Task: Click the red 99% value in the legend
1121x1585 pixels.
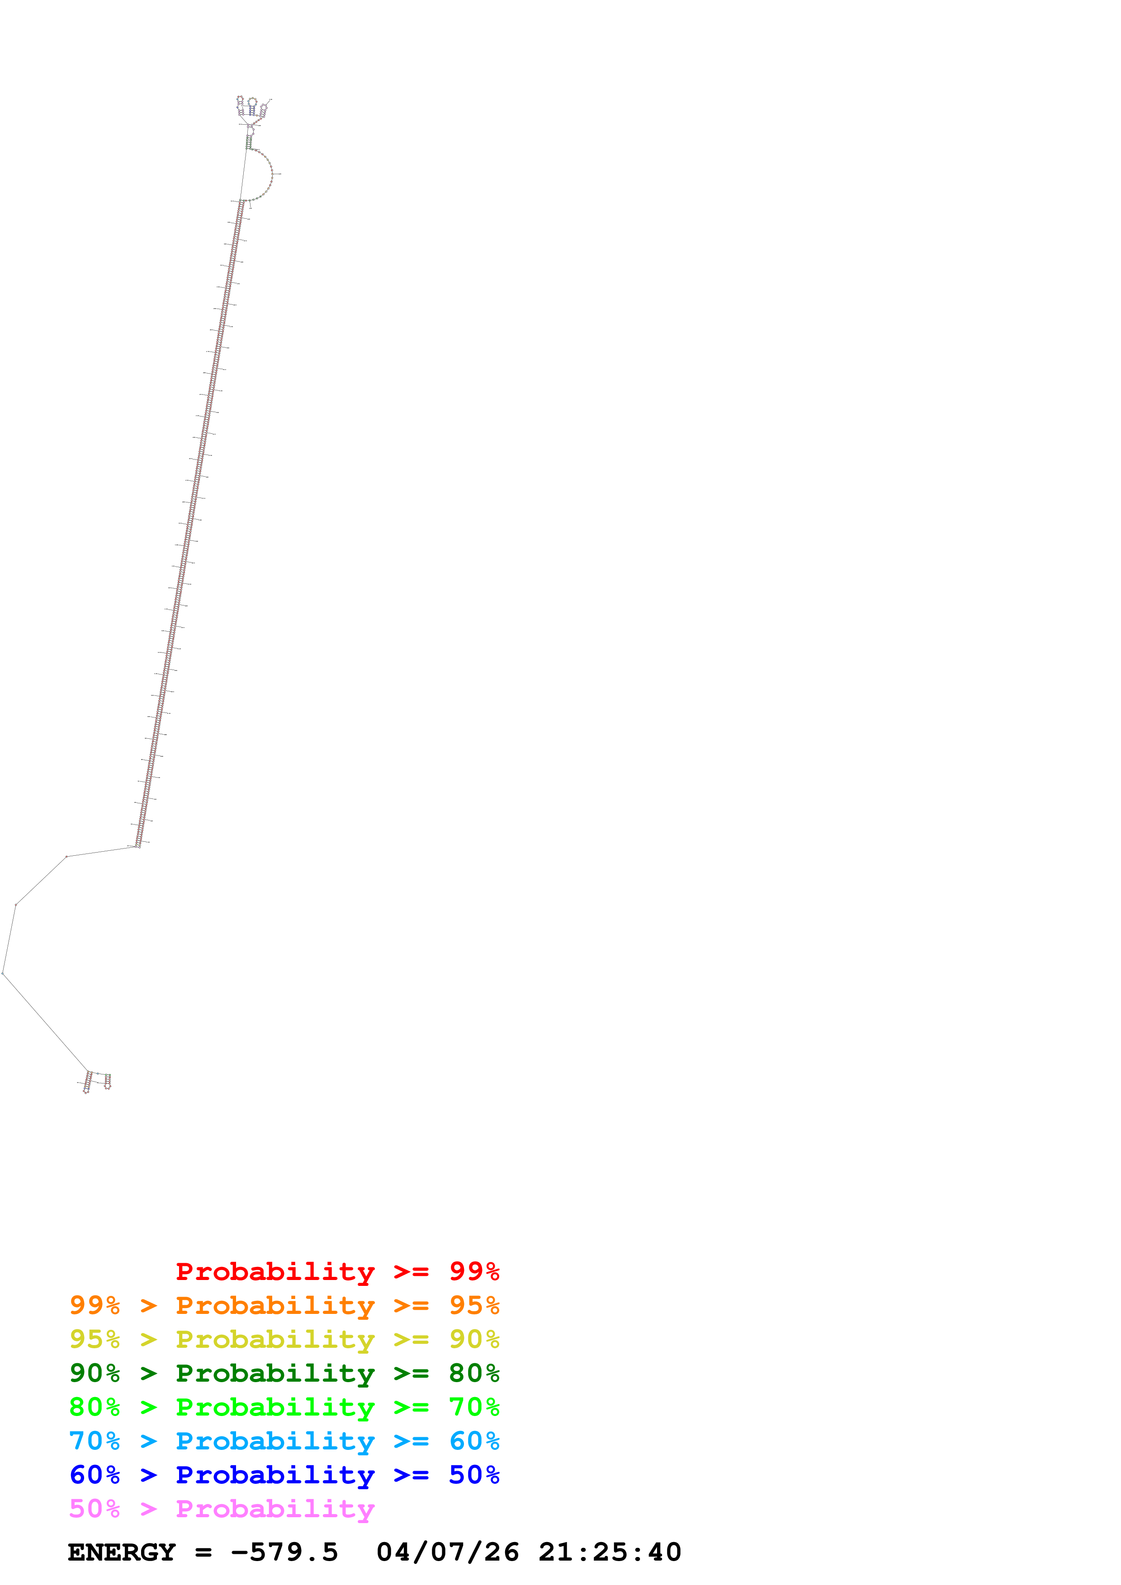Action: pos(474,1271)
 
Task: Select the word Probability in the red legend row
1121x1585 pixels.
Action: pos(275,1271)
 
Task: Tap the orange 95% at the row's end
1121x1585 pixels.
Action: pos(474,1305)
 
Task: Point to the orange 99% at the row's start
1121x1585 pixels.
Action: pos(95,1305)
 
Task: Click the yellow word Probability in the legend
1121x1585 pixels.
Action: pos(275,1339)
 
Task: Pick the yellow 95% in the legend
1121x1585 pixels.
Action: pos(95,1339)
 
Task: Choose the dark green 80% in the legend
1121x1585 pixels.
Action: pos(474,1373)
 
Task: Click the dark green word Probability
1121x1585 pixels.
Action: pos(275,1374)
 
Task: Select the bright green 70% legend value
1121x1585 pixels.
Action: pos(474,1407)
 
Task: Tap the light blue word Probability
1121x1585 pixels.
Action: pos(275,1441)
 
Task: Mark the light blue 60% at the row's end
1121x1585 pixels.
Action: pos(474,1441)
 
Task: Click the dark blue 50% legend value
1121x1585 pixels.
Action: pos(474,1475)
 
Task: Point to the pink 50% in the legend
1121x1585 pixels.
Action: pos(95,1508)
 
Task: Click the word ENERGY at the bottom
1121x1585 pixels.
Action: pos(122,1552)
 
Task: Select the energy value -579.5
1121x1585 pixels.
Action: pos(284,1552)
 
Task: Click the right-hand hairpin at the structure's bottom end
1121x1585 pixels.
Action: pos(107,1082)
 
